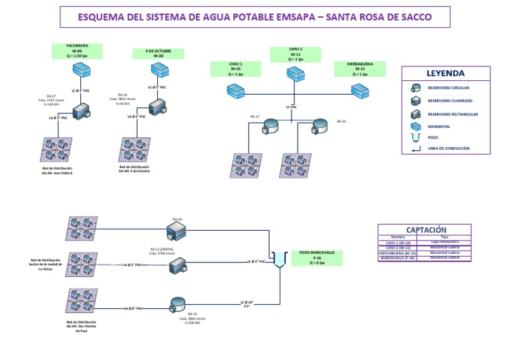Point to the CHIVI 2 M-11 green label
point(296,54)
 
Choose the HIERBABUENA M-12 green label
point(360,69)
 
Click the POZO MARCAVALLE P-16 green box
point(317,257)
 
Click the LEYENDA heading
point(445,74)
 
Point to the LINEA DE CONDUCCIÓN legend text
point(449,149)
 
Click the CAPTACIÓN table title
point(425,229)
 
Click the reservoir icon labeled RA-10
point(177,231)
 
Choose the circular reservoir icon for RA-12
point(178,304)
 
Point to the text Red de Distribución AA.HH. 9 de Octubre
point(134,168)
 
